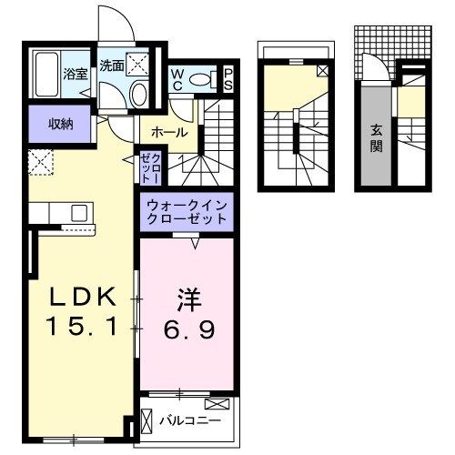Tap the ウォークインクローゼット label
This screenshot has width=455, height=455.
tap(187, 214)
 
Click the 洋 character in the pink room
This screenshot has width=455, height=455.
tap(187, 297)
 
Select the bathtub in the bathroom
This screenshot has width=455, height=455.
tap(45, 74)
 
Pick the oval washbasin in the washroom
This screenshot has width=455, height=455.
tap(139, 94)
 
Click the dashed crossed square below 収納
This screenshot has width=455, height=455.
tap(41, 164)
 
